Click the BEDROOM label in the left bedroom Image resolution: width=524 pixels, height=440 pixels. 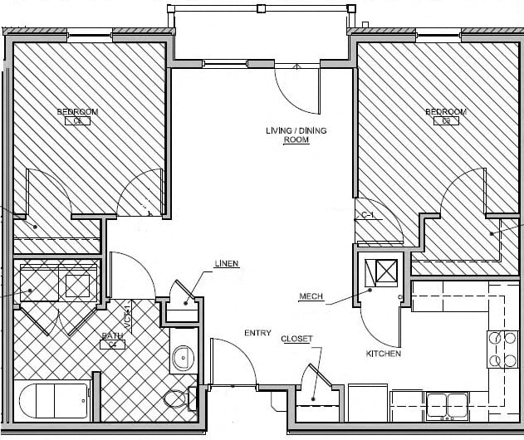click(x=77, y=112)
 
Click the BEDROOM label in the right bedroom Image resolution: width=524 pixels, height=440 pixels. click(x=445, y=112)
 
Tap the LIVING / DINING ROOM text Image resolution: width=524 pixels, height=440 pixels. click(x=287, y=135)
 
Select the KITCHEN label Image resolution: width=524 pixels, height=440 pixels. click(x=384, y=354)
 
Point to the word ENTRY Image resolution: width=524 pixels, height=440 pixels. click(x=257, y=334)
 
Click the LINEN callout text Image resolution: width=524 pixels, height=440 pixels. click(x=227, y=264)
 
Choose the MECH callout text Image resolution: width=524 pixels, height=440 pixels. click(x=311, y=297)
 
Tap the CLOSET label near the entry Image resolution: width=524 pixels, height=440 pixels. click(x=296, y=339)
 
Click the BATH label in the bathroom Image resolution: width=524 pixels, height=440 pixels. click(x=113, y=336)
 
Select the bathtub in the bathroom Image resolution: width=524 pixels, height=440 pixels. click(x=51, y=403)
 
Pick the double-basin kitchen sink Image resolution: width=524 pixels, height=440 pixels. click(x=447, y=405)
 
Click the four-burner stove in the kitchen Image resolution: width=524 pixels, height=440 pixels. click(x=502, y=349)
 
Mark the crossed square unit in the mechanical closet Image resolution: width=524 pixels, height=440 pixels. click(x=387, y=272)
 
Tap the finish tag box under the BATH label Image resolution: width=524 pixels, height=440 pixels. click(x=113, y=345)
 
